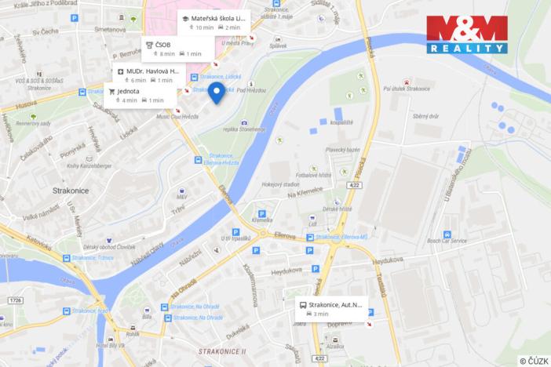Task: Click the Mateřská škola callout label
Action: tap(214, 21)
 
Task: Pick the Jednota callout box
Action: tap(137, 96)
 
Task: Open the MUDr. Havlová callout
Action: tap(148, 75)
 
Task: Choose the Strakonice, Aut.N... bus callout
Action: tap(330, 308)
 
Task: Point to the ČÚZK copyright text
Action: tap(534, 361)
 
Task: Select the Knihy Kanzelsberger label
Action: tap(83, 165)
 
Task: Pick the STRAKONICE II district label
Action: tap(222, 352)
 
